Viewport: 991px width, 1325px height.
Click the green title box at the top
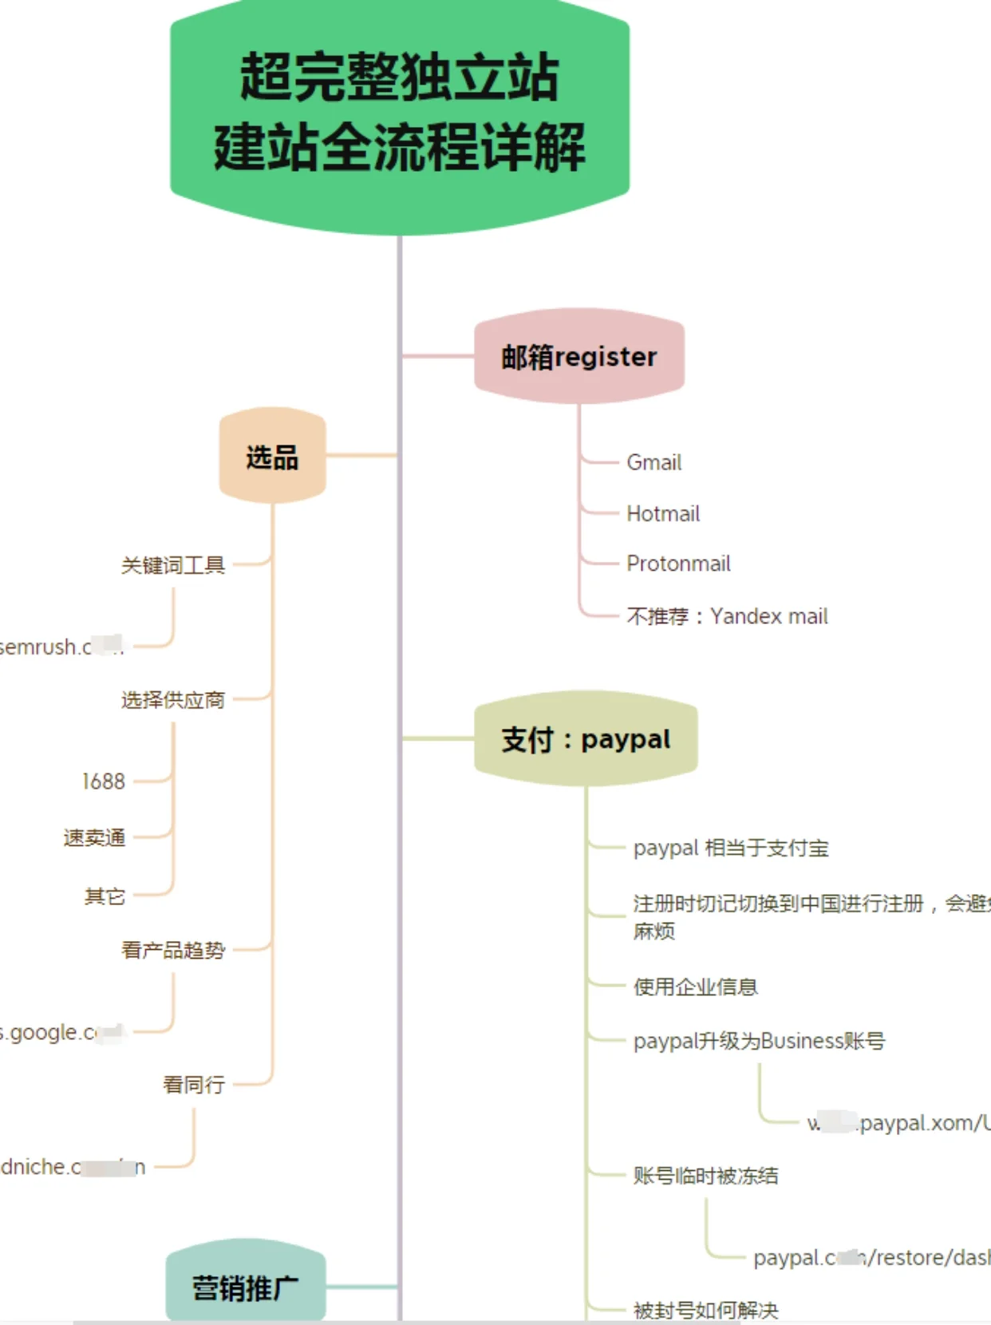click(x=400, y=112)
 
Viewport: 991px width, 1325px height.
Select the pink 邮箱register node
click(x=579, y=356)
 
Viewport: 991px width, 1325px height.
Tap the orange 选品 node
click(x=272, y=457)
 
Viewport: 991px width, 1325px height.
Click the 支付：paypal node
click(x=586, y=739)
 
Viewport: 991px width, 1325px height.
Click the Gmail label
click(x=654, y=462)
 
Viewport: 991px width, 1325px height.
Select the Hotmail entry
click(x=663, y=513)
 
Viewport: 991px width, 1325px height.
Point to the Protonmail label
click(x=678, y=564)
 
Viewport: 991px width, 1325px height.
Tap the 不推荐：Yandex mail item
click(x=727, y=616)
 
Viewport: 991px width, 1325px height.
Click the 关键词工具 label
click(x=173, y=565)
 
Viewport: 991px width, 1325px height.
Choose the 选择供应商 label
click(x=173, y=700)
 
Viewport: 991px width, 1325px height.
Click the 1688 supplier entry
click(x=104, y=781)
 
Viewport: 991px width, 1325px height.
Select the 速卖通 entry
click(x=94, y=837)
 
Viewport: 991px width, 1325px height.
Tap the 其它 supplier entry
click(x=105, y=896)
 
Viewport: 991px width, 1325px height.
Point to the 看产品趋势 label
click(x=173, y=950)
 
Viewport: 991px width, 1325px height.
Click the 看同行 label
click(x=194, y=1084)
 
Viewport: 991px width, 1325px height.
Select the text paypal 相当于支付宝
click(x=731, y=848)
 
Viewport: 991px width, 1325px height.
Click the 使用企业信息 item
click(x=695, y=987)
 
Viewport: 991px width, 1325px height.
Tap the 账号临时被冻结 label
click(x=705, y=1175)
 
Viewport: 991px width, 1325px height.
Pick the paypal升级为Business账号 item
click(x=759, y=1041)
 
